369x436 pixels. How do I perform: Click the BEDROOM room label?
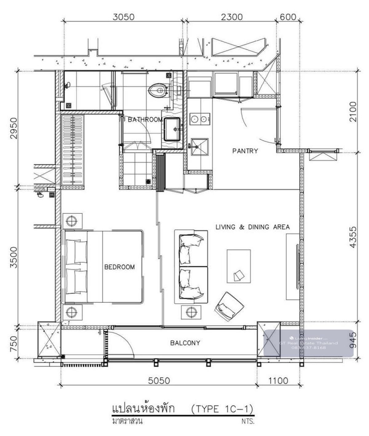coord(119,267)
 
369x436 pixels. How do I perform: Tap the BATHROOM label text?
coord(145,120)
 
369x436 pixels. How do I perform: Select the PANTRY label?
coord(245,151)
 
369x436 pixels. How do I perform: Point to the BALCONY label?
coord(185,343)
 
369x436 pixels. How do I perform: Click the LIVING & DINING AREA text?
coord(252,227)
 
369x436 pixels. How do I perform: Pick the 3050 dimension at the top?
coord(123,17)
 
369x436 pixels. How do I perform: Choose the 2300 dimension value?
coord(232,17)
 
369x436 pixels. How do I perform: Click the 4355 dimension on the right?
coord(353,237)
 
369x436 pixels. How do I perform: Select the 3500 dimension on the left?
coord(14,257)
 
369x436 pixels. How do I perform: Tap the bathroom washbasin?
coord(172,129)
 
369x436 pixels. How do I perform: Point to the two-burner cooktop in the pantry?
coord(200,119)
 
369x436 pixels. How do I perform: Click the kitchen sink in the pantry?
coord(199,146)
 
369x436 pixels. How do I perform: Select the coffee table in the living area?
coord(239,266)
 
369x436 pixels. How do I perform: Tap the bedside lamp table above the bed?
coord(72,221)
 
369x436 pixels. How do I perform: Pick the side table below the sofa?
coord(191,312)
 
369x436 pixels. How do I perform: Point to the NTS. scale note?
coord(248,422)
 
